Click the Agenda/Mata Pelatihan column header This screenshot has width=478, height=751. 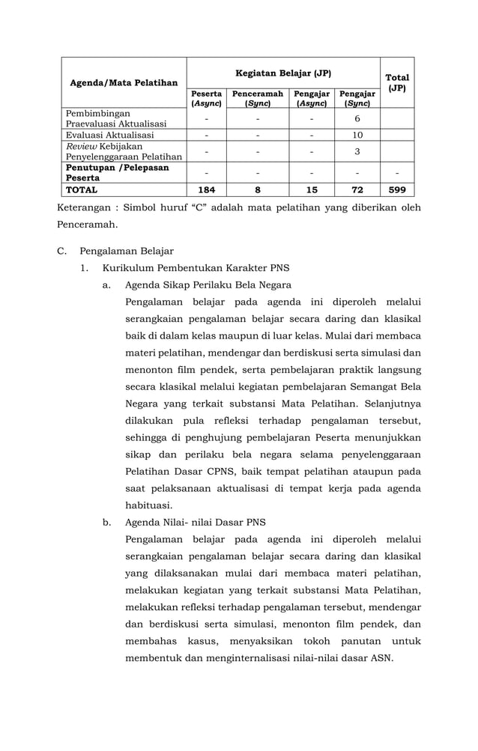coord(124,82)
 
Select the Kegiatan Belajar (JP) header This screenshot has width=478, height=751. coord(283,73)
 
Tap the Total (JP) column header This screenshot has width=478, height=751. coord(396,82)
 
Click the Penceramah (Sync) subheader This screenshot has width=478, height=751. coord(258,99)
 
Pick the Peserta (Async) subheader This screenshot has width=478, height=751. coord(206,99)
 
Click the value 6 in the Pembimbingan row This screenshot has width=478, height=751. coord(357,118)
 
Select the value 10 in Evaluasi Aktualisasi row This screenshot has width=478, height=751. coord(357,136)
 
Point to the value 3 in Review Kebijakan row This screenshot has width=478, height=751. coord(357,152)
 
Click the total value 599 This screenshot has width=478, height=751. coord(397,190)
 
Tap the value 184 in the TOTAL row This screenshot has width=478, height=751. coord(206,190)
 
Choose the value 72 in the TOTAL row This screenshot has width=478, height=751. coord(357,190)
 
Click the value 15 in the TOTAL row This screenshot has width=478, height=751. coord(312,190)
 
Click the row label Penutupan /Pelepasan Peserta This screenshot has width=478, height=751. coord(117,174)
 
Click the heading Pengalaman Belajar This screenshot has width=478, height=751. coord(127,252)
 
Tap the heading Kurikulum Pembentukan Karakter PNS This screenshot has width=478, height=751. coord(196,268)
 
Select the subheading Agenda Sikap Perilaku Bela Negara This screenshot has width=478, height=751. coord(208,285)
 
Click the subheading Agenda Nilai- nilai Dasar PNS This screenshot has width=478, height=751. coord(195,522)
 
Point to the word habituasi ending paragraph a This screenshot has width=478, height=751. coord(149,505)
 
